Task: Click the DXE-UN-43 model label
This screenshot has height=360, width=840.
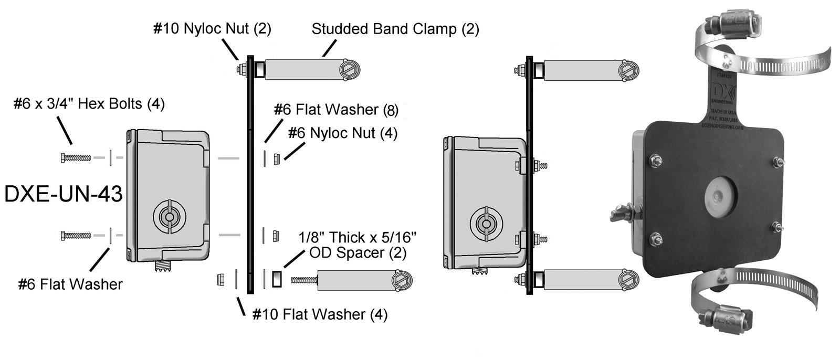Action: (63, 194)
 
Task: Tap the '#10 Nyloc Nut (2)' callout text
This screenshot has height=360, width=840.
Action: (212, 28)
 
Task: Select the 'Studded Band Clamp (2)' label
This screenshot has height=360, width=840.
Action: (395, 29)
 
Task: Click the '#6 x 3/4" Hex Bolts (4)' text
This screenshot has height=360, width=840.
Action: (89, 104)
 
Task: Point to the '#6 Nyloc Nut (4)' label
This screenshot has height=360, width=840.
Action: (342, 133)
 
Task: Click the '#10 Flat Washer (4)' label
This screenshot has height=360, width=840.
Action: (320, 314)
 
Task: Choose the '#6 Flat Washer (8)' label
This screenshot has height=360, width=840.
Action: (336, 110)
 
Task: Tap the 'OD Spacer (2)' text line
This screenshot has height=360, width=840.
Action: (358, 253)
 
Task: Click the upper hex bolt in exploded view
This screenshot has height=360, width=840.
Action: (76, 157)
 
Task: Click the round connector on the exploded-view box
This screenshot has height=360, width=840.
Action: (169, 217)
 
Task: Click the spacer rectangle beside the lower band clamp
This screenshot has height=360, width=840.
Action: (277, 279)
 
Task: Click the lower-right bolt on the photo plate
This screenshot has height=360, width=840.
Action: (778, 228)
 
